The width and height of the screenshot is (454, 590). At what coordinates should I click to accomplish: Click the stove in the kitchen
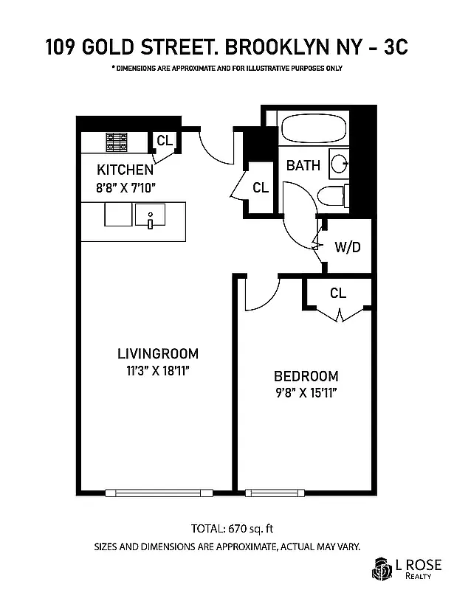tap(117, 140)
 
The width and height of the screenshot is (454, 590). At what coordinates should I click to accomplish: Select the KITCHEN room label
tap(125, 169)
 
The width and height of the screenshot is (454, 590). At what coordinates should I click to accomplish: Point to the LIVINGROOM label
tap(158, 353)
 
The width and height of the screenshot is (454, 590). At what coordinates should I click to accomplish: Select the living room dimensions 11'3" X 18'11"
tap(158, 371)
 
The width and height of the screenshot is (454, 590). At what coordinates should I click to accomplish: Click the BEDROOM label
tap(306, 375)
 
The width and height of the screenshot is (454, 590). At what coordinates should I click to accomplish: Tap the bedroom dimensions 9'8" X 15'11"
tap(306, 393)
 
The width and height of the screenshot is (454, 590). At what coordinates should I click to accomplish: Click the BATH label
tap(303, 165)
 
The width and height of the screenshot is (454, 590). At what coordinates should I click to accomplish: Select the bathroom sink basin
tap(340, 164)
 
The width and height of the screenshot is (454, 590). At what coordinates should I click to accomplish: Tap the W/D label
tap(348, 247)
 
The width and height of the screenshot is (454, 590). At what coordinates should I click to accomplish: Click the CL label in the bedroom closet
tap(338, 294)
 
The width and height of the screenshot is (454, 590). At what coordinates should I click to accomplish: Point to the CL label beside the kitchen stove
tap(165, 141)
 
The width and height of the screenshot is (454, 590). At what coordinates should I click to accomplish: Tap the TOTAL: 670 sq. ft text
tap(227, 528)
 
